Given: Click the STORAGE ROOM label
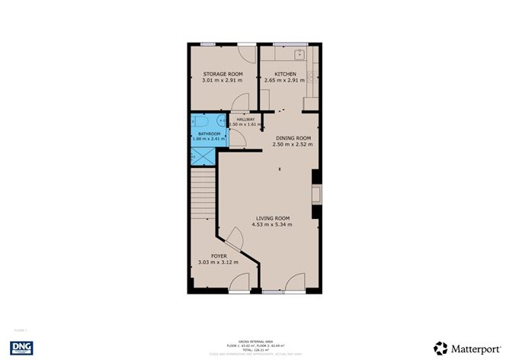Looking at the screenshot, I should click(222, 74).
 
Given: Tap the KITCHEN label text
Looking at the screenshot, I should click(286, 74).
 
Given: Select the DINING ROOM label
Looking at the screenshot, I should click(293, 138).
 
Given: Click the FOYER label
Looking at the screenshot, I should click(219, 256).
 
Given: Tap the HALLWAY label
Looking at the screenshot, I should click(245, 120).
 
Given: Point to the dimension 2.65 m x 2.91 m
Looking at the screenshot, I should click(286, 80).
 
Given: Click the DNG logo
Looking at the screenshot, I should click(21, 347).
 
